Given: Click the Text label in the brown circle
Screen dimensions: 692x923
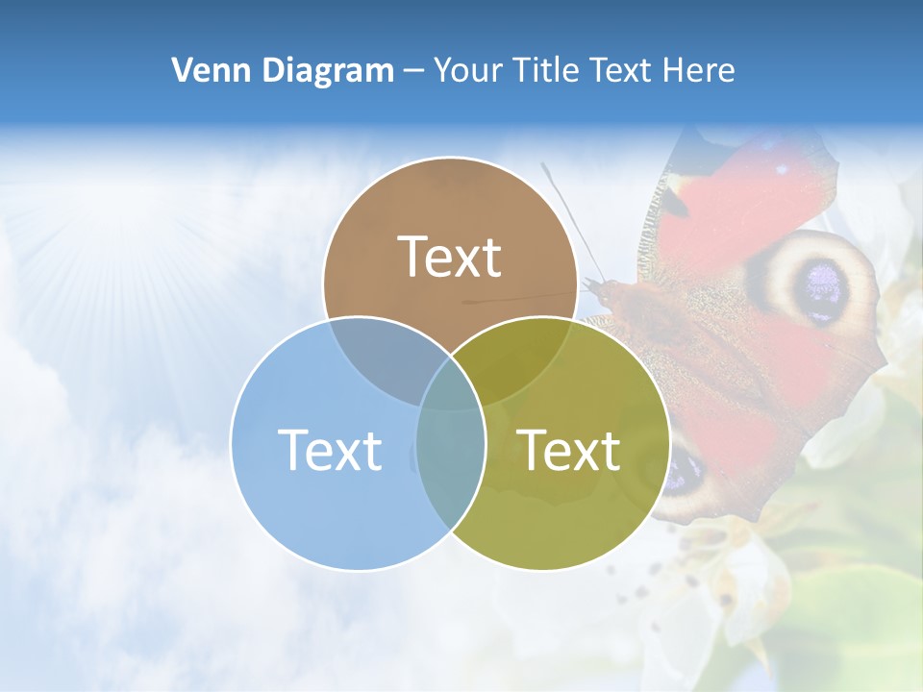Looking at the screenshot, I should click(450, 257).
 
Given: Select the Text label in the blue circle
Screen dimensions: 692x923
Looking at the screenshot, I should click(330, 450).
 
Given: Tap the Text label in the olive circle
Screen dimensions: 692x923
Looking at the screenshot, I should click(569, 450).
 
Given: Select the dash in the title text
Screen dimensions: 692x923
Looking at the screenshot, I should click(413, 71).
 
